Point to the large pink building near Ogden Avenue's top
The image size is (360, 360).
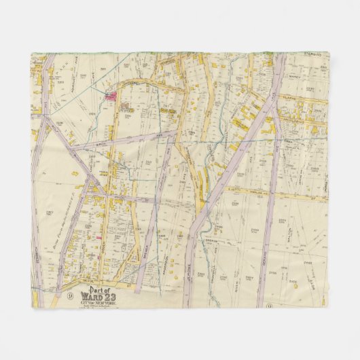coord(109,96)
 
